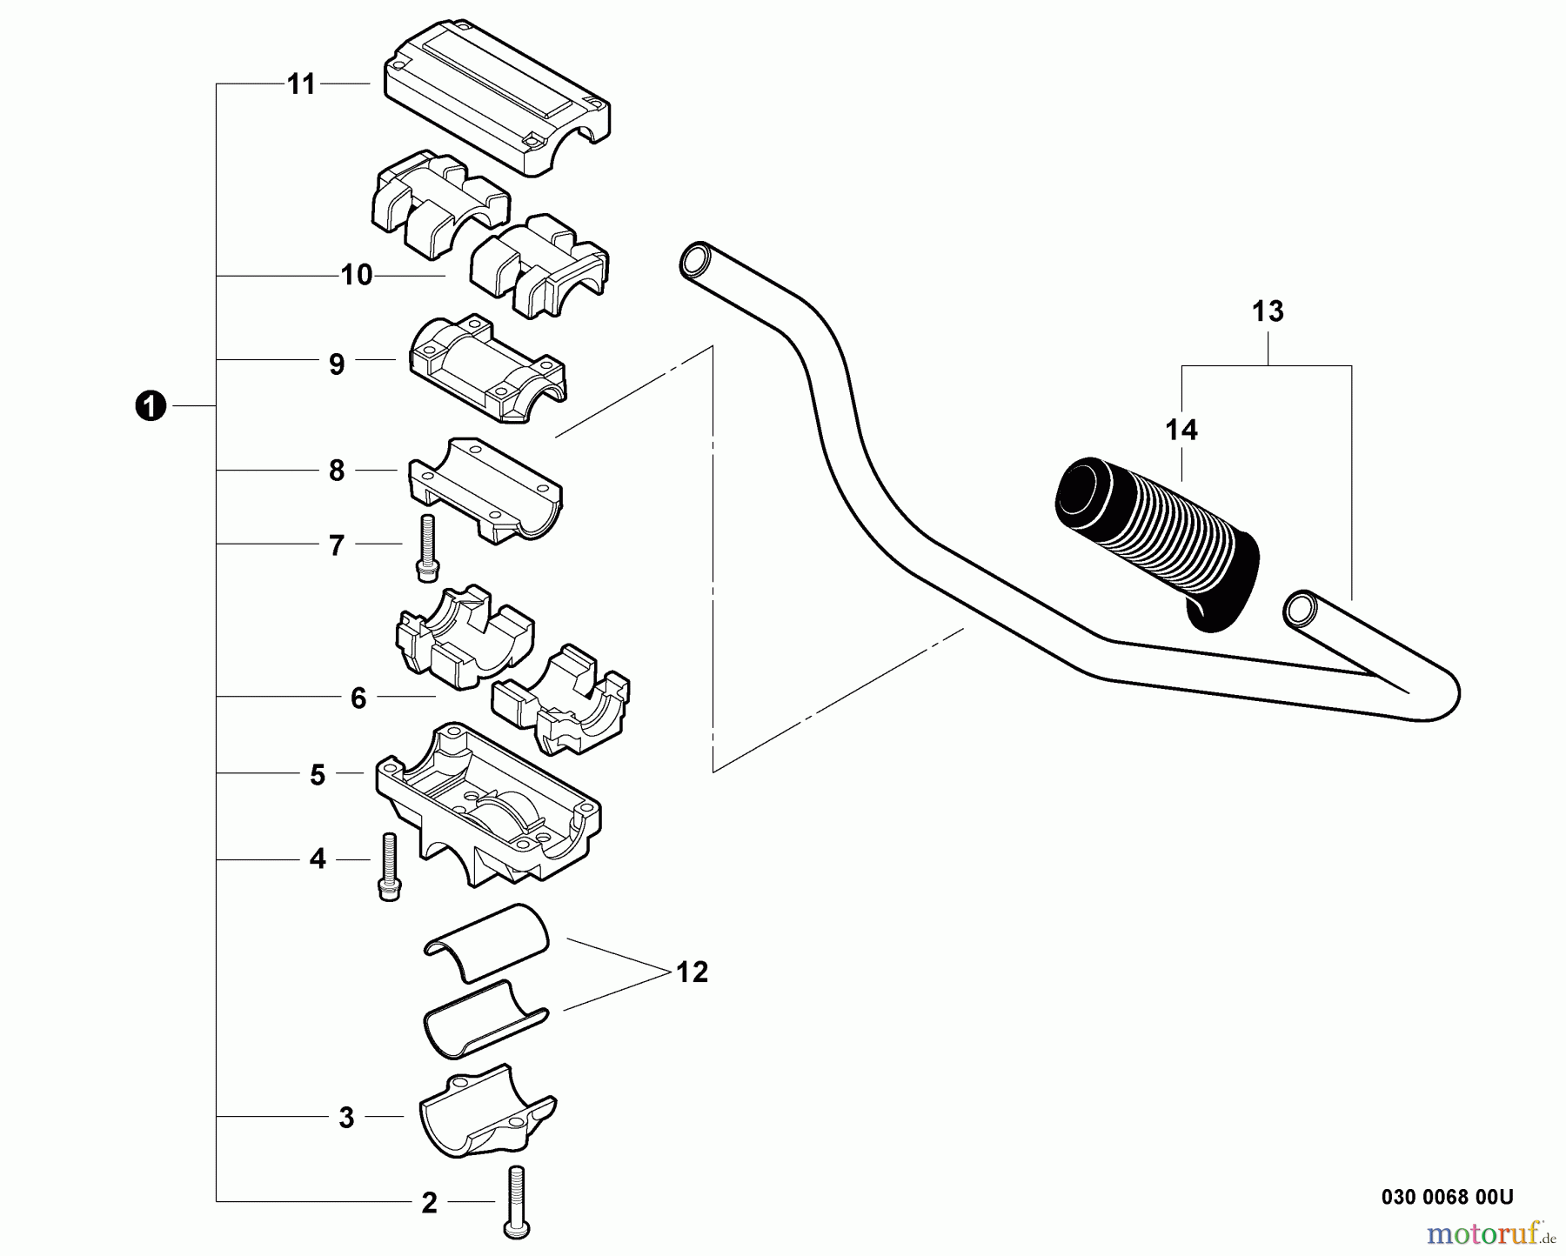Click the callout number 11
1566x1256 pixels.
pyautogui.click(x=301, y=84)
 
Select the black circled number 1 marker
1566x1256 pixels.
pyautogui.click(x=151, y=406)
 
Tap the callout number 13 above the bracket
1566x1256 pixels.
pyautogui.click(x=1268, y=311)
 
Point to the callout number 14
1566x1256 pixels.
pyautogui.click(x=1181, y=430)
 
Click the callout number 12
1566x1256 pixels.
pyautogui.click(x=692, y=972)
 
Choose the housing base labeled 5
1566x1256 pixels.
pyautogui.click(x=487, y=809)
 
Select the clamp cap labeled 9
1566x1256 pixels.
pyautogui.click(x=487, y=370)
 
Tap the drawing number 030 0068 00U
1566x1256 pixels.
pyautogui.click(x=1447, y=1197)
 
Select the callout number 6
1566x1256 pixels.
pyautogui.click(x=358, y=698)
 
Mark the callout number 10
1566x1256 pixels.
pyautogui.click(x=356, y=276)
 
